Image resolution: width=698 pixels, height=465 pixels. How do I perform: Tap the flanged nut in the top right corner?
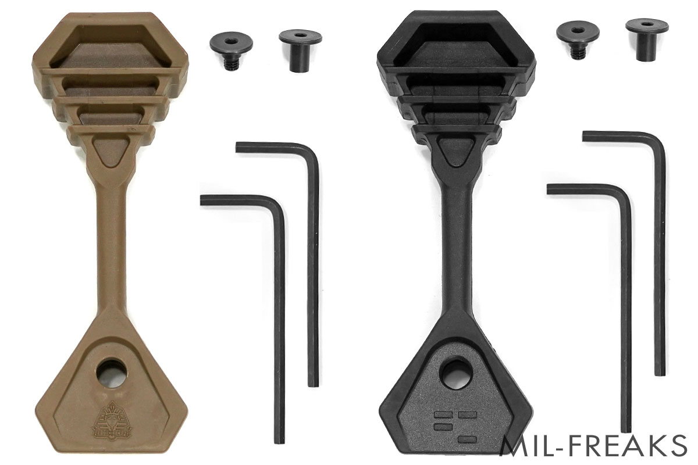click(645, 37)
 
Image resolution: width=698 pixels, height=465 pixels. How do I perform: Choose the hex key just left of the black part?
click(313, 262)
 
